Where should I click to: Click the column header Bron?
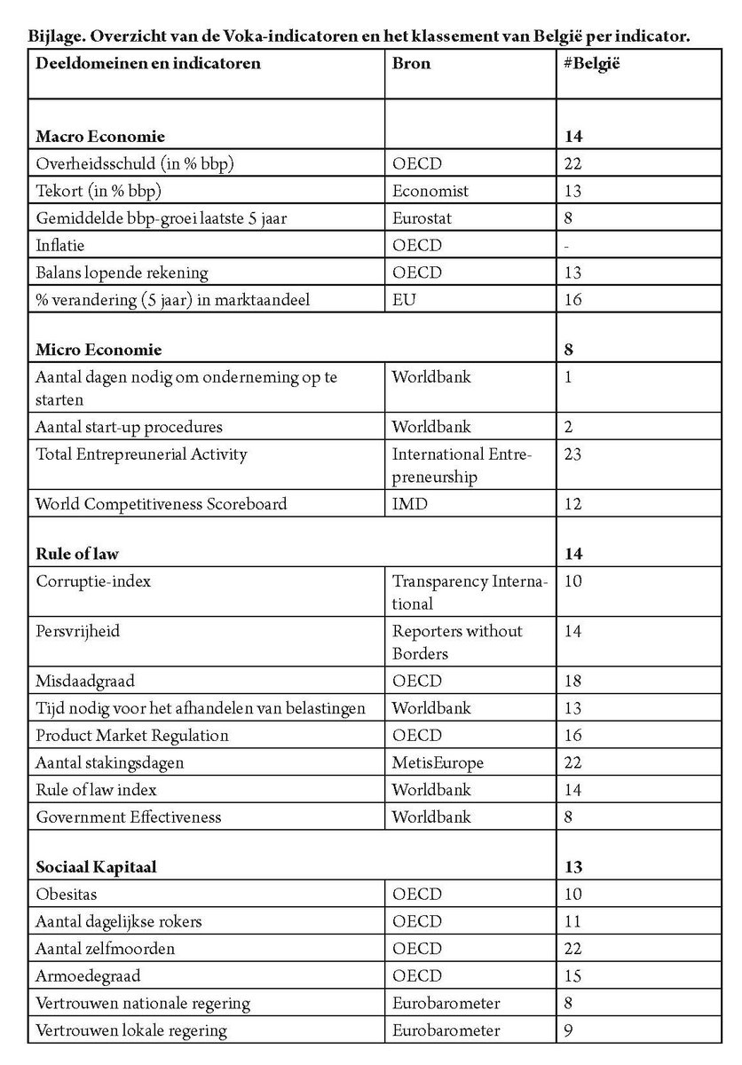411,64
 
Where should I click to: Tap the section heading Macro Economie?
100,138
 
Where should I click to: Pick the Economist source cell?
430,191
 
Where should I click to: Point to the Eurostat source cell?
423,218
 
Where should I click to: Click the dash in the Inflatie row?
567,246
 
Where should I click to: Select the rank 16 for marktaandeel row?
572,300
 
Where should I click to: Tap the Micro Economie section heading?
99,350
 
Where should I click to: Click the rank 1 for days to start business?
568,377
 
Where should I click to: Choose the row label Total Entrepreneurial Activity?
141,454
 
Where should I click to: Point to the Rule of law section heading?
77,555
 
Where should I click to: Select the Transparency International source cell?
470,593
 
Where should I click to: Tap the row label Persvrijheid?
78,632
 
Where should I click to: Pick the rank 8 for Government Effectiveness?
568,816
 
